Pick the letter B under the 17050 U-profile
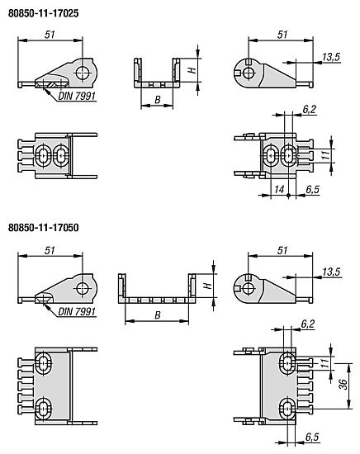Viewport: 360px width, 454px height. [x=157, y=314]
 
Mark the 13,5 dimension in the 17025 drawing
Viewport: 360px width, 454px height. [x=331, y=56]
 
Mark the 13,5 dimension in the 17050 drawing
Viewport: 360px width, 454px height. [x=331, y=270]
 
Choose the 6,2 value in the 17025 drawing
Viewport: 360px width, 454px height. [x=308, y=109]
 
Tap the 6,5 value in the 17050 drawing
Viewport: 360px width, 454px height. [x=312, y=437]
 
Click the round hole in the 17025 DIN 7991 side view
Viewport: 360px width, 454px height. [x=83, y=73]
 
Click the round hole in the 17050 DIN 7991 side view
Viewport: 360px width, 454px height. [x=83, y=286]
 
